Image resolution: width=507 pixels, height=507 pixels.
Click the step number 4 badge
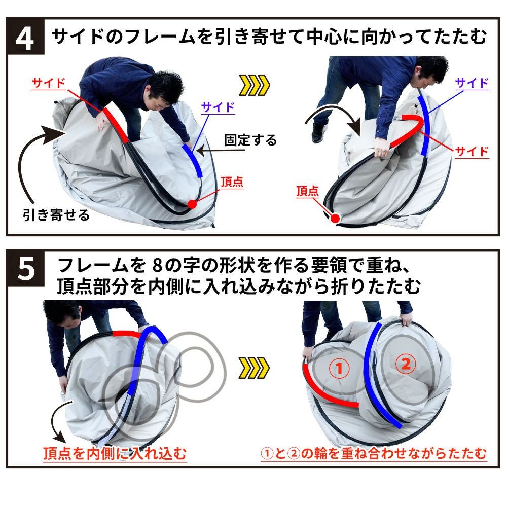(x=25, y=37)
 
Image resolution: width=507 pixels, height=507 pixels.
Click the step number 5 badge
(x=25, y=268)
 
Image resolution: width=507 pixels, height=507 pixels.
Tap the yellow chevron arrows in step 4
(x=254, y=85)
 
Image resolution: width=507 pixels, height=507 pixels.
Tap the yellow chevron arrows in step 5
(x=254, y=368)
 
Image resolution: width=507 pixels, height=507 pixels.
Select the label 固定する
(x=250, y=140)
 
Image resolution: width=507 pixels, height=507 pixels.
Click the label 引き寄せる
(x=56, y=214)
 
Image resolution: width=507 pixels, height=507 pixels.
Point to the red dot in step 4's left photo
(x=192, y=204)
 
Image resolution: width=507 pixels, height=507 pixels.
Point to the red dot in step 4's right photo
(x=335, y=219)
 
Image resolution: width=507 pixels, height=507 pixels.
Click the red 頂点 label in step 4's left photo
(x=232, y=182)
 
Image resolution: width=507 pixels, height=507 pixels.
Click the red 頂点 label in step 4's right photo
(x=308, y=191)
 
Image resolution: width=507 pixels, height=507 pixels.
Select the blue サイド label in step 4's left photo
(x=218, y=107)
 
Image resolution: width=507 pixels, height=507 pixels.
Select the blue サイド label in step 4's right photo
(x=472, y=83)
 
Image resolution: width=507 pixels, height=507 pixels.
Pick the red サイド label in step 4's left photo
(x=49, y=84)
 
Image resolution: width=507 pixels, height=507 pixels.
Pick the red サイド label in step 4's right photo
(x=472, y=151)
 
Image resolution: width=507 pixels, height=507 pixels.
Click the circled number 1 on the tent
(x=339, y=368)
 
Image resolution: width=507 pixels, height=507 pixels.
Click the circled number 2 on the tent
(x=406, y=364)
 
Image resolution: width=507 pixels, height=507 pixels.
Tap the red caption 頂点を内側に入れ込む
(x=115, y=453)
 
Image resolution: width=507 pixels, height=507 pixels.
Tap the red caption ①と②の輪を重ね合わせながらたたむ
(x=374, y=453)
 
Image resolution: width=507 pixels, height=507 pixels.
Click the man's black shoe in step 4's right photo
(x=319, y=133)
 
